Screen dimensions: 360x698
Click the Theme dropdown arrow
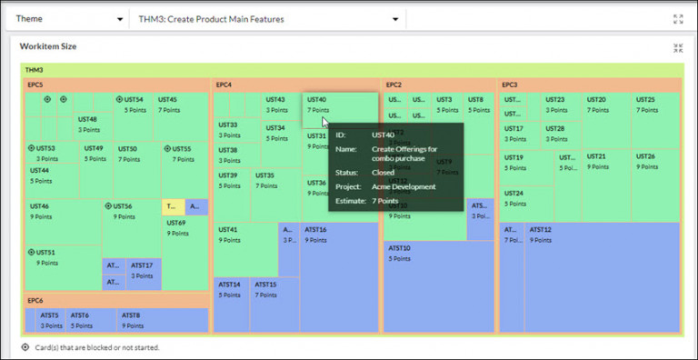(120, 19)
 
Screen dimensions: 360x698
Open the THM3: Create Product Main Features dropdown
(394, 19)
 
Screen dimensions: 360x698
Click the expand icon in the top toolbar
(678, 19)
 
